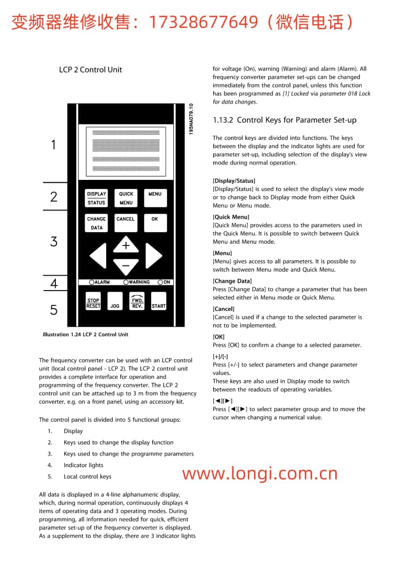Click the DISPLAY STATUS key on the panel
[96, 198]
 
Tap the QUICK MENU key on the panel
[126, 198]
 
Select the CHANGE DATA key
[96, 223]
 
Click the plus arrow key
[126, 245]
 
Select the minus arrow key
[126, 266]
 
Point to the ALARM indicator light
[92, 282]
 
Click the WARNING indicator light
[126, 282]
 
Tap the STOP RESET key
[93, 303]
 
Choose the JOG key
[115, 303]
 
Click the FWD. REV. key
[137, 302]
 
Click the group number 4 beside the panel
[54, 284]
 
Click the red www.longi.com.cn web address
[260, 473]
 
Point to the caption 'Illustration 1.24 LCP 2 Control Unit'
[86, 335]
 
